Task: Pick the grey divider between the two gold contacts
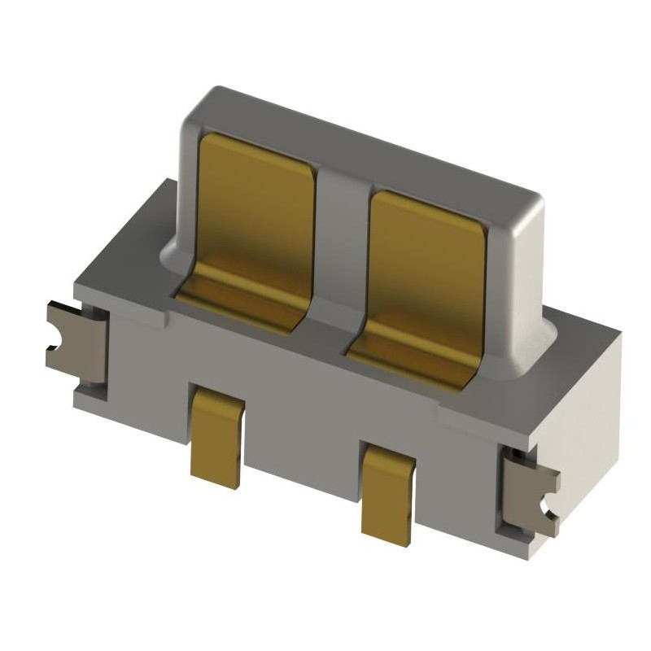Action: (x=342, y=244)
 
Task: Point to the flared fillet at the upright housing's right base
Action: (x=544, y=342)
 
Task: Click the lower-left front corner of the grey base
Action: (x=81, y=399)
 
